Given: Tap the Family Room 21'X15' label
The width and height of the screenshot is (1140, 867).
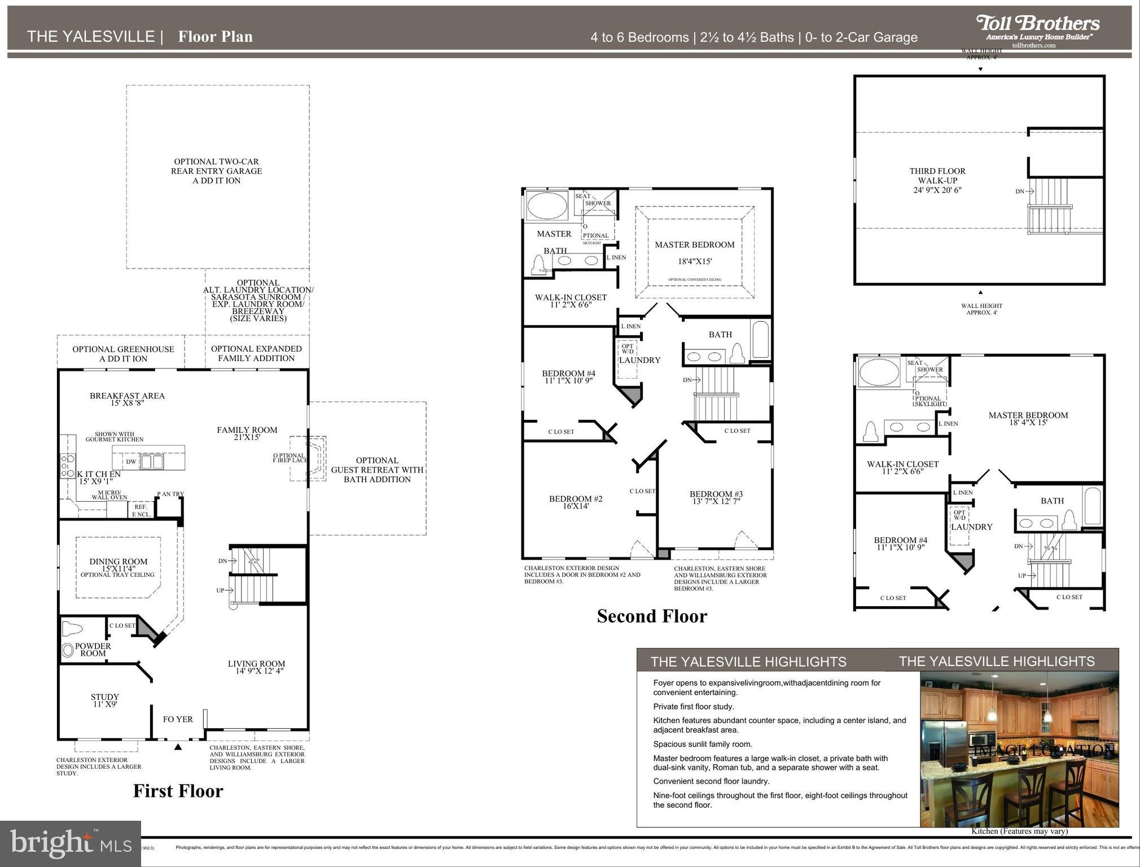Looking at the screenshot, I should (247, 433).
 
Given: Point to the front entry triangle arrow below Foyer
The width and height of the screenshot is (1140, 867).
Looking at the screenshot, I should (178, 747).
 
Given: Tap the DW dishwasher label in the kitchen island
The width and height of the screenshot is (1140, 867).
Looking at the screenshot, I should (131, 462).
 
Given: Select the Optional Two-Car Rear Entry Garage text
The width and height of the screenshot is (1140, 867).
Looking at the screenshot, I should (217, 171).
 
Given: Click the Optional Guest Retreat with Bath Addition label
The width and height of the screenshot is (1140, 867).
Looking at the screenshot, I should (377, 470).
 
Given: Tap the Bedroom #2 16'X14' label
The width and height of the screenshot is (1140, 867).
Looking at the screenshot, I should (576, 502).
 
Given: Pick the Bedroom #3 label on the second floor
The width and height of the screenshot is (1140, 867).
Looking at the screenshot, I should (716, 497).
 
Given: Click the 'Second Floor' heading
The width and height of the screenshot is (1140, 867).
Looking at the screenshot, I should (652, 616).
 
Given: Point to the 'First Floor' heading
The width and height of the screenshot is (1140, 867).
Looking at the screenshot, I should (178, 791).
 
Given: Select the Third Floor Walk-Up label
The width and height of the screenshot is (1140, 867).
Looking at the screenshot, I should (937, 180).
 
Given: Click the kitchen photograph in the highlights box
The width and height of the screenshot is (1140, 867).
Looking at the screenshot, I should (1019, 748).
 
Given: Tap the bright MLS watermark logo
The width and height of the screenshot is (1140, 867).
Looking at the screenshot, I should (70, 843).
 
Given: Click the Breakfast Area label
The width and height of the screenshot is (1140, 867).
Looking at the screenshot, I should (127, 399).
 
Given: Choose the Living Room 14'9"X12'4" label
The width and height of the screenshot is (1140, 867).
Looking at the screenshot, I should (256, 667).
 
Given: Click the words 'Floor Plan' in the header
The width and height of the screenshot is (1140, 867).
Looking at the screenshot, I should (215, 37).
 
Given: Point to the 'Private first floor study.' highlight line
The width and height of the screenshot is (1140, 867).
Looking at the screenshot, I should (693, 707).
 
